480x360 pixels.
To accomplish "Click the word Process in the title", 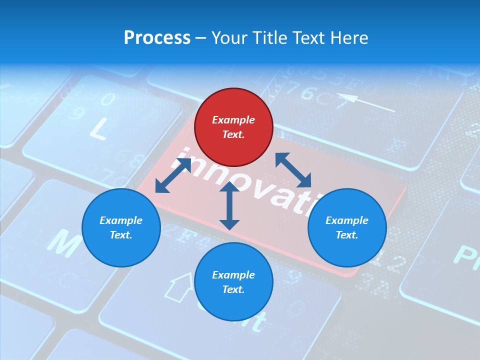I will pos(157,38).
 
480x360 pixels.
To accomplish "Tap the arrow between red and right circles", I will pos(293,170).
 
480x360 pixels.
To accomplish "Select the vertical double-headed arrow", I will pos(229,205).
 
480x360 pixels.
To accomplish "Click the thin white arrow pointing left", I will pos(365,102).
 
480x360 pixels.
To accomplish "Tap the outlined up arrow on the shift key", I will pos(179,287).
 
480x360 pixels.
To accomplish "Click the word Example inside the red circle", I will pos(233,120).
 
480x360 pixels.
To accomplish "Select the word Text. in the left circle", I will pos(121,235).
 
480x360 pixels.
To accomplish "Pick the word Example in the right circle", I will pos(347,220).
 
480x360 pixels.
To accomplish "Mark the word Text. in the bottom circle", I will pos(233,289).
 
